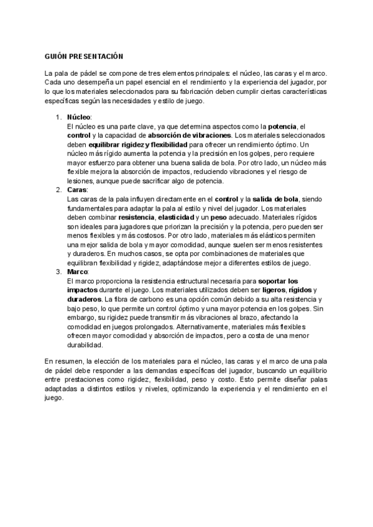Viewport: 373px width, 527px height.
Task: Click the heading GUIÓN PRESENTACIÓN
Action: tap(80, 55)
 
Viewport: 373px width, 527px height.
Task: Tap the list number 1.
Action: tap(58, 117)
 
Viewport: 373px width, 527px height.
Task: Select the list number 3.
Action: tap(58, 272)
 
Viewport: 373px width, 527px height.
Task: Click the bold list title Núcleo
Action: tap(78, 117)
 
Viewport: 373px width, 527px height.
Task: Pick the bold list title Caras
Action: tap(77, 190)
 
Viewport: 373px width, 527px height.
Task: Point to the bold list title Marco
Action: tap(78, 272)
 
